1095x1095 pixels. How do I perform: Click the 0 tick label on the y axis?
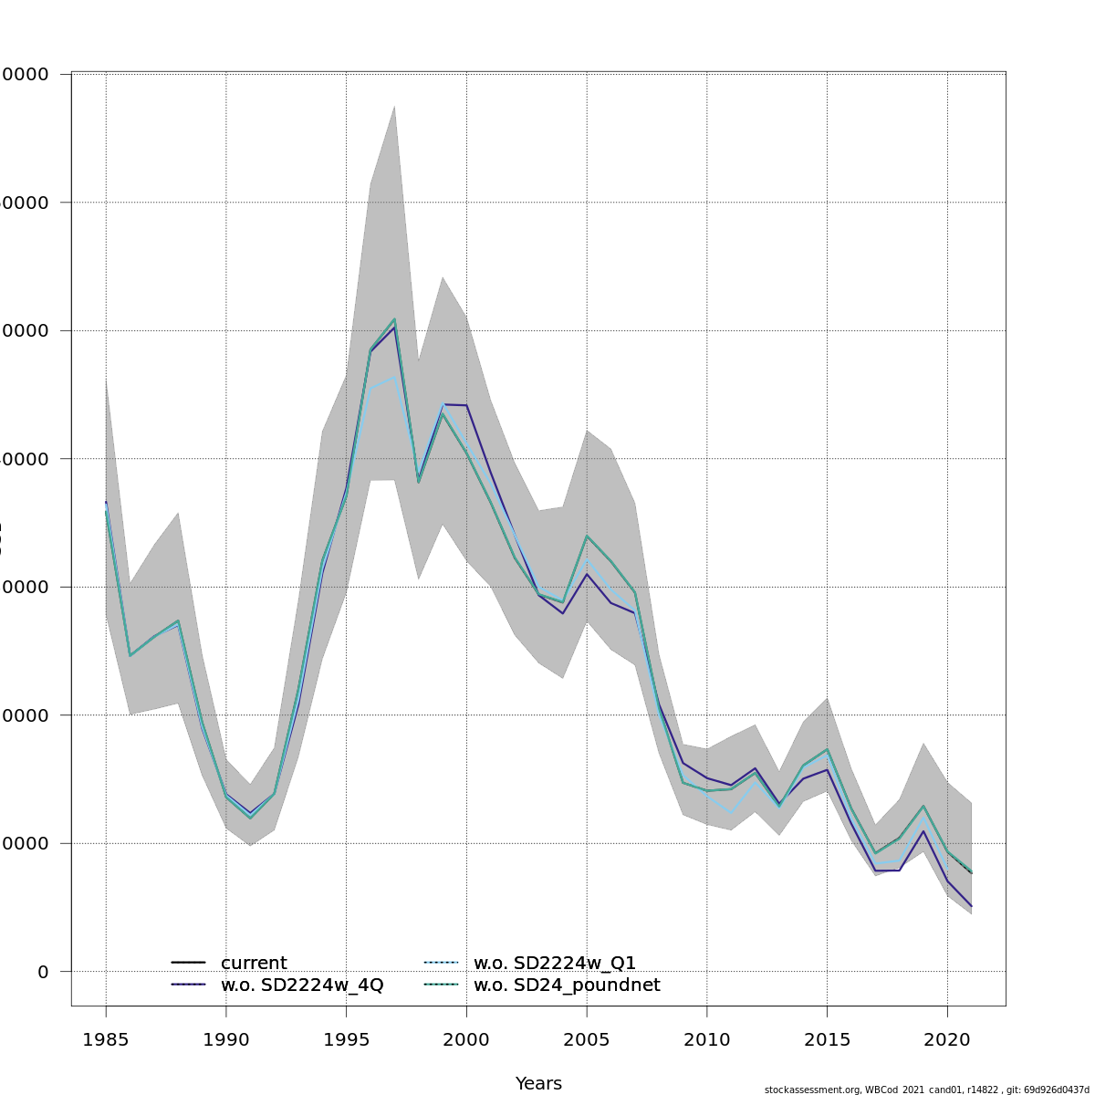pos(43,972)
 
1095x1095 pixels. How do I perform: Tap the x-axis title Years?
pos(538,1084)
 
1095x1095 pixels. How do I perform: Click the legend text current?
pos(254,964)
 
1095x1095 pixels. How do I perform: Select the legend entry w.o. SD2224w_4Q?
pos(302,985)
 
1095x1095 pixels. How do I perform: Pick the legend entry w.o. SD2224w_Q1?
pos(555,964)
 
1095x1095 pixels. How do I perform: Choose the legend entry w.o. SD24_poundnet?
pos(567,985)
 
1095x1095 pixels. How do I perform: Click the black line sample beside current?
pos(188,964)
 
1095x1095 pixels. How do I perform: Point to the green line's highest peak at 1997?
pos(394,319)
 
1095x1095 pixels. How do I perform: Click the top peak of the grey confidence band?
pos(394,106)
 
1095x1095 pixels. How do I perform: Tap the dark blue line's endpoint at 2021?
pos(971,906)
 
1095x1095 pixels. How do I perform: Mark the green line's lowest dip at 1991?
pos(250,818)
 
